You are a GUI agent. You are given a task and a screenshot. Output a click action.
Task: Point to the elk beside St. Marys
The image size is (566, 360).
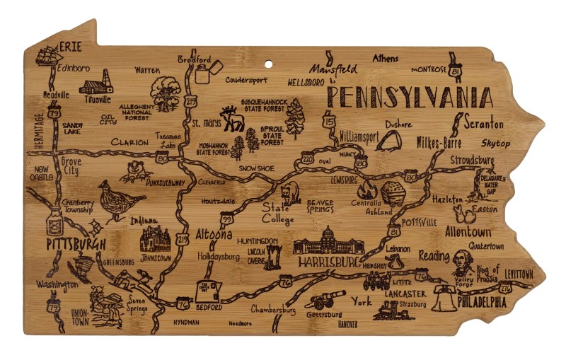pos(232,120)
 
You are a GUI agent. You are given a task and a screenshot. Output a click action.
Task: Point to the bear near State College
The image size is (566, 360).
pos(289,193)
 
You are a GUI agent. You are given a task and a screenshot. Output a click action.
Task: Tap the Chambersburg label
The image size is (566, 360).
pos(273,309)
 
